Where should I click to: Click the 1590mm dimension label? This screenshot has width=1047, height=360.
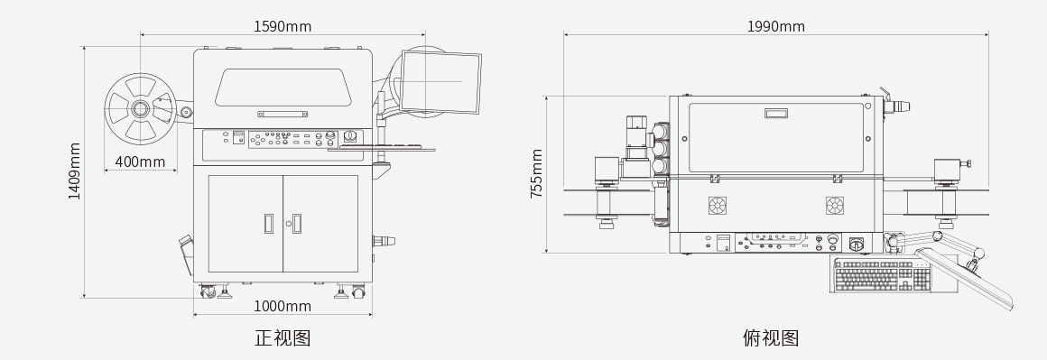pyautogui.click(x=283, y=26)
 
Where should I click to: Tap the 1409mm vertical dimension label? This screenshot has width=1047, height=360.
pyautogui.click(x=74, y=171)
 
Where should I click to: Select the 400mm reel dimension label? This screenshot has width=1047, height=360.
pyautogui.click(x=140, y=162)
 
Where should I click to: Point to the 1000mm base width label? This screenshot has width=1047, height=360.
pyautogui.click(x=283, y=306)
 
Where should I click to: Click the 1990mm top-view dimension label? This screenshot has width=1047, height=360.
pyautogui.click(x=776, y=26)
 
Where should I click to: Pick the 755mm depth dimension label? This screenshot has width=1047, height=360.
pyautogui.click(x=536, y=173)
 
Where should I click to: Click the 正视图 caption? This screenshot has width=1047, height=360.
pyautogui.click(x=283, y=337)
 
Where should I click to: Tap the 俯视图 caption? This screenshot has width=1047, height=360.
pyautogui.click(x=771, y=337)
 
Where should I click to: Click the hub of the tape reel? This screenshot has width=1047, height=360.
pyautogui.click(x=140, y=108)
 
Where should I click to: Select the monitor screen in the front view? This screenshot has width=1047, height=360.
pyautogui.click(x=440, y=82)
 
